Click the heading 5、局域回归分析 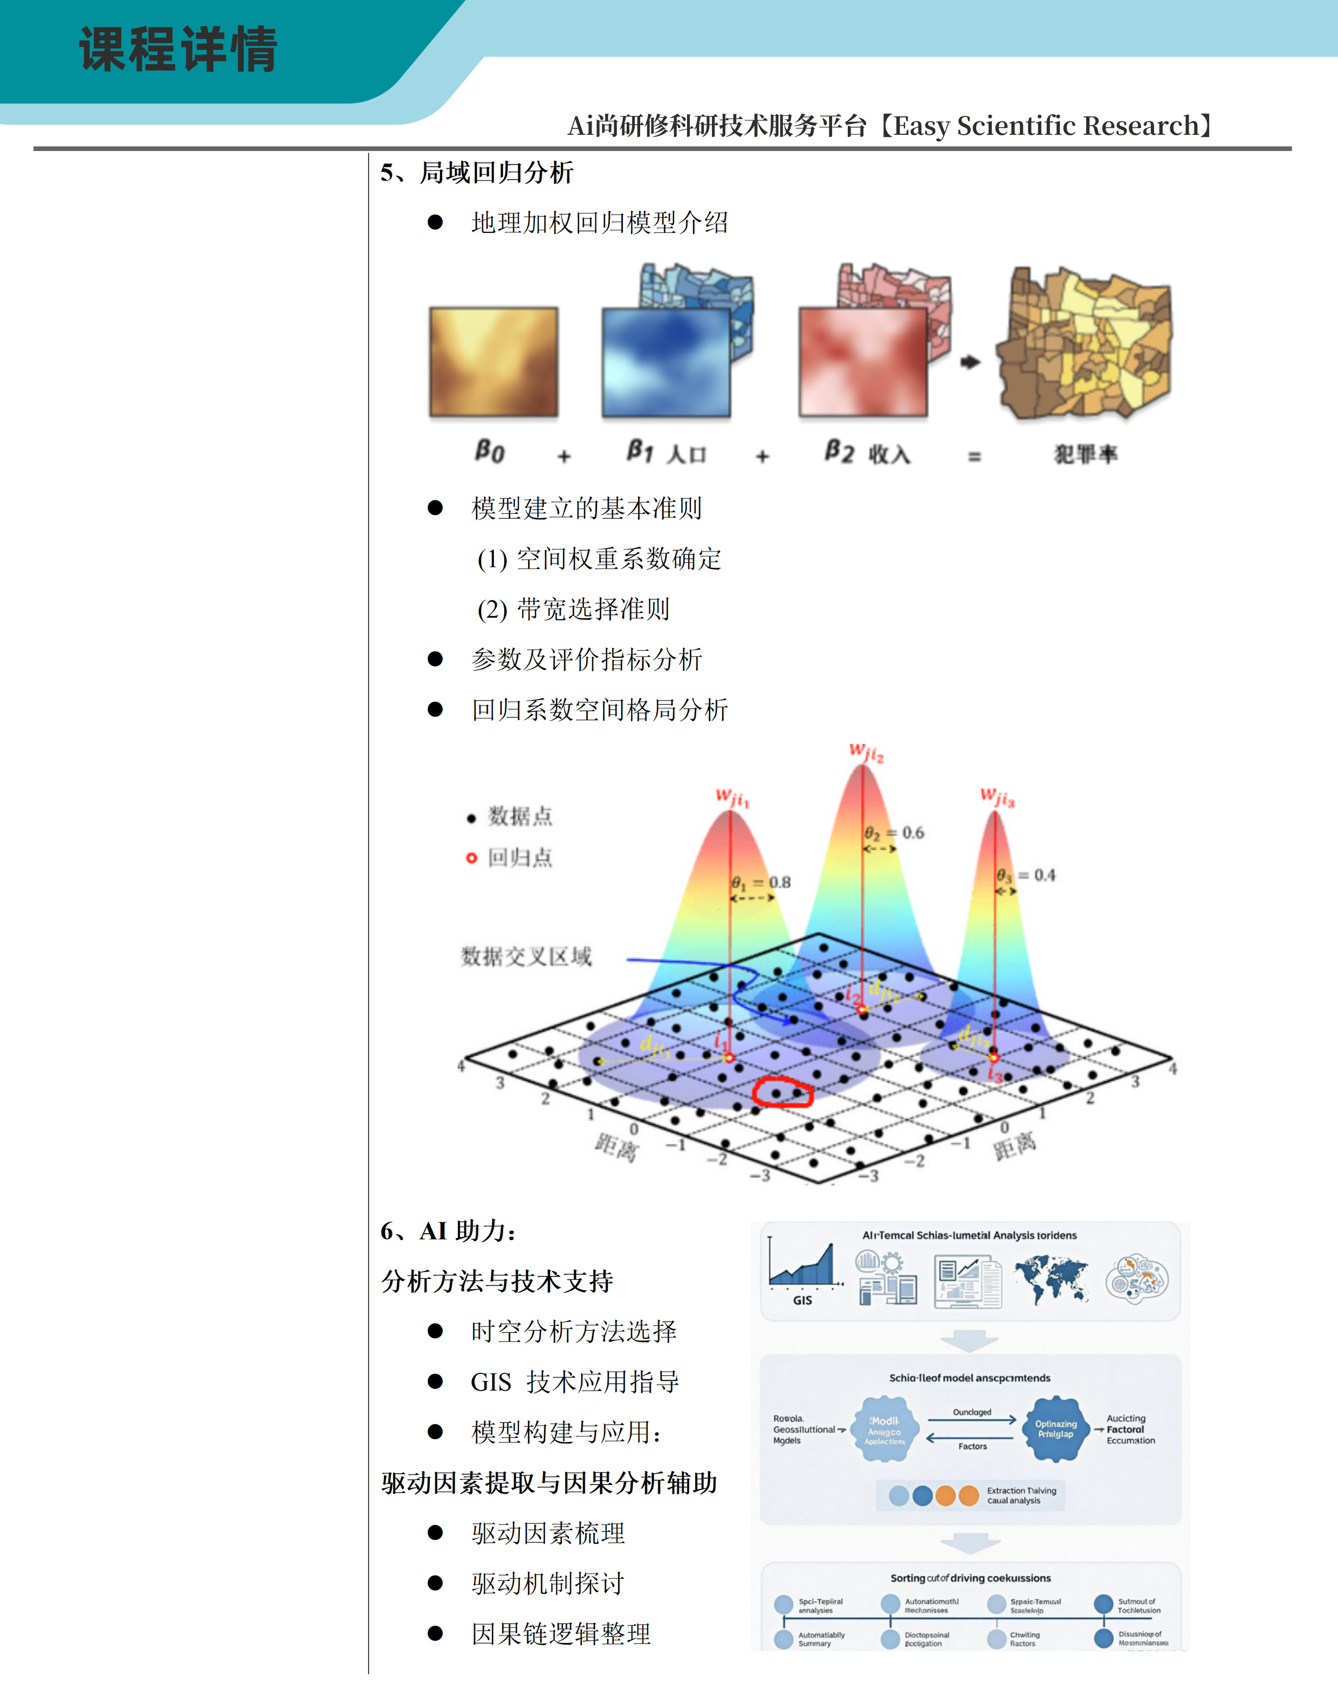(x=477, y=173)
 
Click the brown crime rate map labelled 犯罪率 (x=1085, y=344)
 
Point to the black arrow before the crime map (x=970, y=362)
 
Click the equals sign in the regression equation (x=974, y=456)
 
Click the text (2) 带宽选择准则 (x=573, y=609)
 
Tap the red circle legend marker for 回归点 (x=471, y=858)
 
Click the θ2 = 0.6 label (x=894, y=833)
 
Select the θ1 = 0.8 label (x=760, y=882)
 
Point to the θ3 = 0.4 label (x=1025, y=875)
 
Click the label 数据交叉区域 (x=526, y=956)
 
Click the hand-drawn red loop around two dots (x=783, y=1092)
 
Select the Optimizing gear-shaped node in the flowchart (x=1056, y=1429)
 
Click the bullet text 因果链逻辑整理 (x=560, y=1633)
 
